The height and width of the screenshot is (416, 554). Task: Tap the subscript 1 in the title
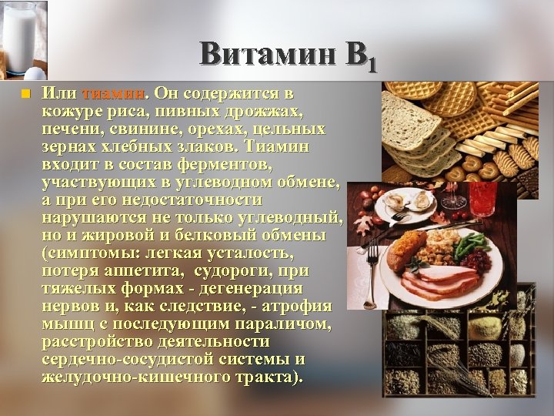coord(372,63)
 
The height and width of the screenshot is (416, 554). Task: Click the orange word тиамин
coord(114,94)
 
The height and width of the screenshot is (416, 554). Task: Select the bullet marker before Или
coord(25,94)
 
